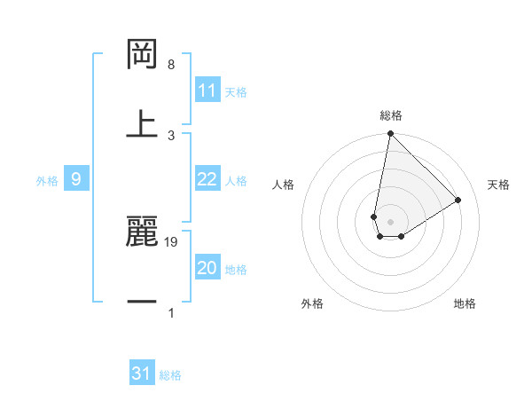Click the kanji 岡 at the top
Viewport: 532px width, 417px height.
pos(143,54)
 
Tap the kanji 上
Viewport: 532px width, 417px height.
pos(143,123)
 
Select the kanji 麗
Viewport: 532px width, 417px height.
pos(143,233)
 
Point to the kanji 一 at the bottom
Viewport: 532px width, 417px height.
pos(143,303)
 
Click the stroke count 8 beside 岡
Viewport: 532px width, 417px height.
pos(171,66)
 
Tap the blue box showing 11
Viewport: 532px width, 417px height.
pos(207,90)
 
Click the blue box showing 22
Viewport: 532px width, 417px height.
pos(207,179)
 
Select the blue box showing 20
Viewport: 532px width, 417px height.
pos(207,268)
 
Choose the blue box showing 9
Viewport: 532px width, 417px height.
pos(76,179)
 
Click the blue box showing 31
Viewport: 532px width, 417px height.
pos(142,374)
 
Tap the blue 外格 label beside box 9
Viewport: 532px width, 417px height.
pos(47,181)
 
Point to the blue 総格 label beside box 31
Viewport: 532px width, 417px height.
pos(170,375)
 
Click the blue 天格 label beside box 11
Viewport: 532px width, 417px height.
pos(236,92)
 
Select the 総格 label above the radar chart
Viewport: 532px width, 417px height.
pos(391,115)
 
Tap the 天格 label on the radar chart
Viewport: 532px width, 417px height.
pos(498,185)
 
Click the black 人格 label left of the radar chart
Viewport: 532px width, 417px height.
pos(284,185)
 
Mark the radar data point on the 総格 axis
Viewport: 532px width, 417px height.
pos(390,135)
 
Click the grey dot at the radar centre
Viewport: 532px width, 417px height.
pos(390,222)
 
